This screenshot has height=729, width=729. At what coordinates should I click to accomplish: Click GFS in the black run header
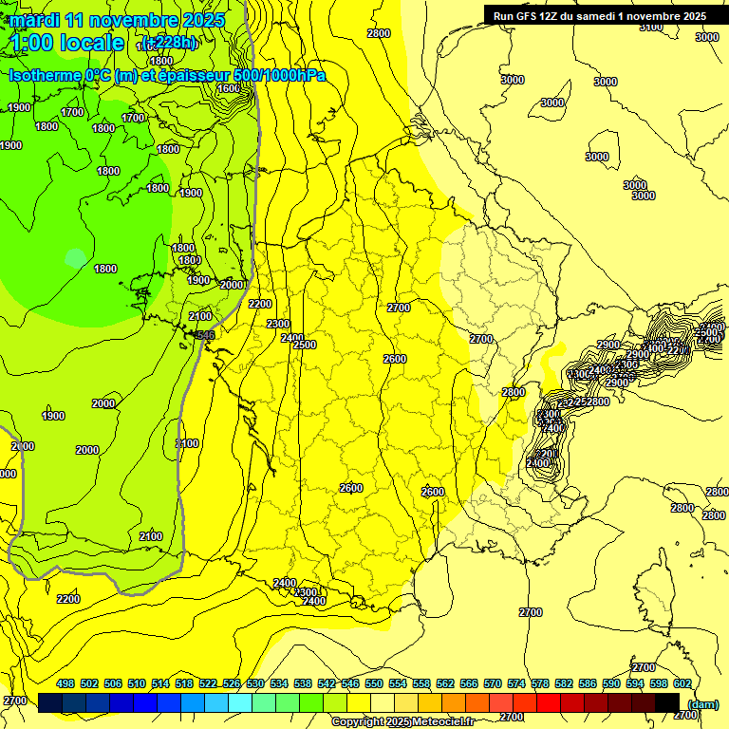click(x=528, y=15)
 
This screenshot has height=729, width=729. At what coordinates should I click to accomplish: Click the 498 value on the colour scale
click(x=65, y=683)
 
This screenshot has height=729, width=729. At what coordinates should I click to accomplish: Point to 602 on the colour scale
click(x=682, y=683)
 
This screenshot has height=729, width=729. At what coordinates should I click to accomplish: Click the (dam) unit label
click(x=702, y=703)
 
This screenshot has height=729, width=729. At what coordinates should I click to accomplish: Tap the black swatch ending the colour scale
click(x=668, y=702)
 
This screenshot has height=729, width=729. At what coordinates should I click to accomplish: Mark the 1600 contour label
click(x=229, y=89)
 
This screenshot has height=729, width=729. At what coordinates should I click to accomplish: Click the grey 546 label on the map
click(x=205, y=335)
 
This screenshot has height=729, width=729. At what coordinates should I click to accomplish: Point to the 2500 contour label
click(x=305, y=345)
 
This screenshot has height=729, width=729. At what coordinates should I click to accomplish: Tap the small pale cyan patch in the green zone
click(x=74, y=257)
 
